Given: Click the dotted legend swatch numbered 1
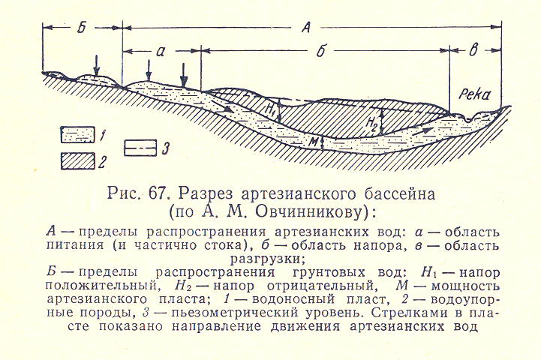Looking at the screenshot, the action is [77, 135].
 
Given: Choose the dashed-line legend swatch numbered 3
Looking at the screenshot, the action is [142, 146].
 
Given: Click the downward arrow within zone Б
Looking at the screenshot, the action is [95, 61].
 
